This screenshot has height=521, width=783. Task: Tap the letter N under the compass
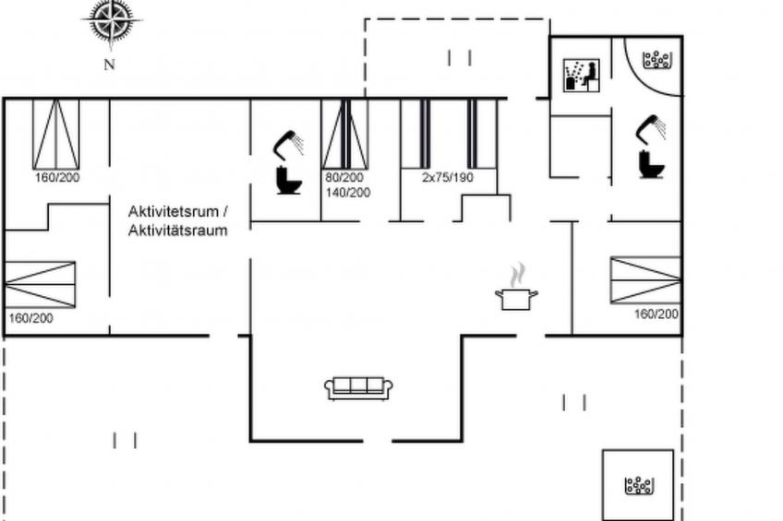[109, 65]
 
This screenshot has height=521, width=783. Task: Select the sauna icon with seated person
[582, 76]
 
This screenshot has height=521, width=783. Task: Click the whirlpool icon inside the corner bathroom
[657, 60]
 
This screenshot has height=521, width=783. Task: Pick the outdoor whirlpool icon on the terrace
[639, 486]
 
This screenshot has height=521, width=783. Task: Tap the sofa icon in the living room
[358, 388]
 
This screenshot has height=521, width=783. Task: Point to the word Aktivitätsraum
[178, 231]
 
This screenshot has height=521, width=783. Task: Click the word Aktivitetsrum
[174, 211]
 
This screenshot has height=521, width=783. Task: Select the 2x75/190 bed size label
[448, 177]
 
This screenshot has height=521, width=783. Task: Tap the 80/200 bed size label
[344, 177]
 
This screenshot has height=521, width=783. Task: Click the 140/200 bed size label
[348, 193]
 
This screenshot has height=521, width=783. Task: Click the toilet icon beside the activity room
[289, 181]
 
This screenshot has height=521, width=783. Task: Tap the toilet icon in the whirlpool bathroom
[652, 164]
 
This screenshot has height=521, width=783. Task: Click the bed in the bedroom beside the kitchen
[645, 280]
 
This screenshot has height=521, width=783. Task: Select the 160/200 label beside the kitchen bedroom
[657, 314]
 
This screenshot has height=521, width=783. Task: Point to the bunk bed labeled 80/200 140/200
[345, 135]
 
